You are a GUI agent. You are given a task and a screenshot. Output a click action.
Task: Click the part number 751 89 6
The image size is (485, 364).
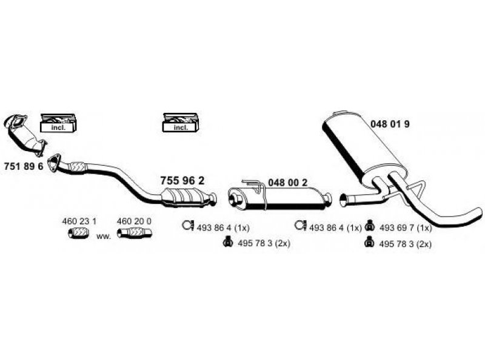point(24,166)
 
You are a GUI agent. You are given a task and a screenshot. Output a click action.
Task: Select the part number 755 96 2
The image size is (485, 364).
point(182,180)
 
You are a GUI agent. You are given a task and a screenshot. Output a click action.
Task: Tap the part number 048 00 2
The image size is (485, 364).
point(287,183)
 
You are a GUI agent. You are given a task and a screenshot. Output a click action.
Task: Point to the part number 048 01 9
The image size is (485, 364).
point(390,124)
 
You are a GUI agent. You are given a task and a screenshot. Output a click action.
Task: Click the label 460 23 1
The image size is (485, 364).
point(79,221)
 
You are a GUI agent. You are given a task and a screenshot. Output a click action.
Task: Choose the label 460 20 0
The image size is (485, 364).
point(134,221)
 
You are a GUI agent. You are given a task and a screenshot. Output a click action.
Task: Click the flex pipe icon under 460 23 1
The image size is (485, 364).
point(79,233)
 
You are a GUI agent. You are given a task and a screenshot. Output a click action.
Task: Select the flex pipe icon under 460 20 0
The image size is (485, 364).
point(135,233)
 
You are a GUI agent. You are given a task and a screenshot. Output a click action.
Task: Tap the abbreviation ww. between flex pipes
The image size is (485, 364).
point(104,236)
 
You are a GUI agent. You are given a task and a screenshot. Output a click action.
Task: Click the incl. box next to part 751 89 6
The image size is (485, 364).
point(58,123)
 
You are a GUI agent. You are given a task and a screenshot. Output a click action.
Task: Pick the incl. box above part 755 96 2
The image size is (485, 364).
point(181,123)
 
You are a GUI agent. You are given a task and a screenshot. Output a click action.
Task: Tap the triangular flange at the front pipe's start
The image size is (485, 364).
point(54,162)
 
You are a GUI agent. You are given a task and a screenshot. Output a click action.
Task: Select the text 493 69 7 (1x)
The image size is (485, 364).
point(405,228)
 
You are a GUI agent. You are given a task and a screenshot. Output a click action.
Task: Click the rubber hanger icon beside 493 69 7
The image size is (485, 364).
point(369,226)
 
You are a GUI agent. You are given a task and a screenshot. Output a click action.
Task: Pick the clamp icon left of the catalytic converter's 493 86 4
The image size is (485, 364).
point(187,225)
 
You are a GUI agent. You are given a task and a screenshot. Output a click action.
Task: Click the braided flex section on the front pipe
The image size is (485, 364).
point(78,167)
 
